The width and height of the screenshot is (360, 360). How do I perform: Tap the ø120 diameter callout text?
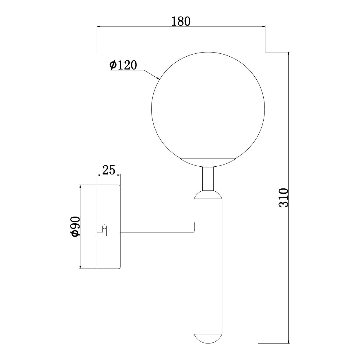tap(123, 65)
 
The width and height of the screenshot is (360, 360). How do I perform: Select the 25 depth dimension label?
tap(109, 170)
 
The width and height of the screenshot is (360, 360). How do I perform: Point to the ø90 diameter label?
tap(75, 226)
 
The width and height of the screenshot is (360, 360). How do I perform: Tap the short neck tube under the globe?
tap(208, 178)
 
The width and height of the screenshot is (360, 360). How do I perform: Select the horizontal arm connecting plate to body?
tap(157, 226)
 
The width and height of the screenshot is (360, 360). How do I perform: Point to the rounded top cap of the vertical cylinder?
tap(208, 195)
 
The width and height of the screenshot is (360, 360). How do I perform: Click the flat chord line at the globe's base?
tap(208, 159)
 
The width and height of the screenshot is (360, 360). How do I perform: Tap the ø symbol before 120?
tap(113, 65)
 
